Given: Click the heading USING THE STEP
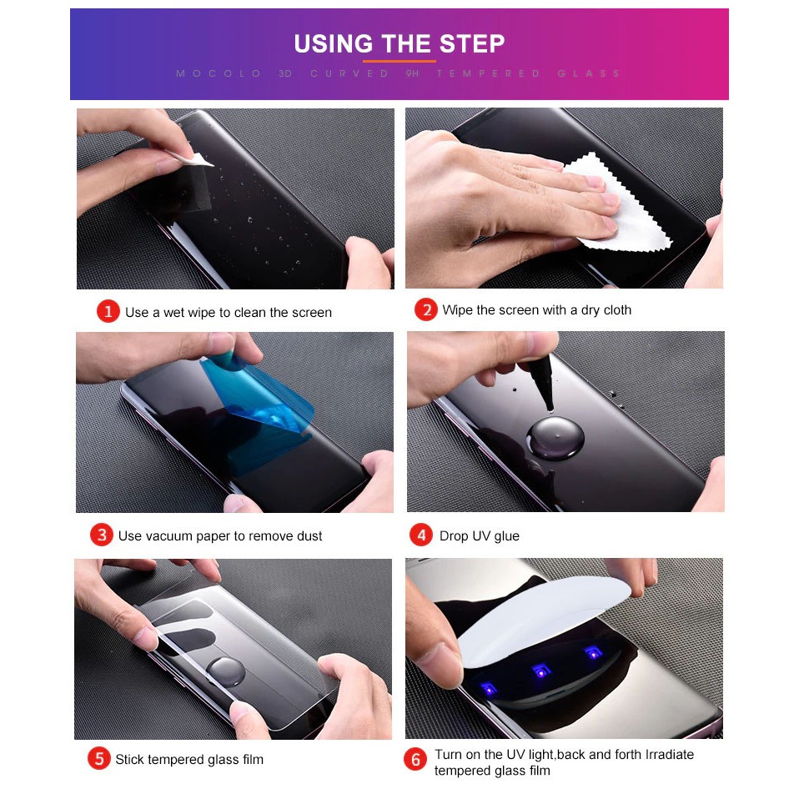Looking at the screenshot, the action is pyautogui.click(x=399, y=44).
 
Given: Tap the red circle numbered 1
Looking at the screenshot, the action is pyautogui.click(x=108, y=311).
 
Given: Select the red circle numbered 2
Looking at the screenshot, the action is pyautogui.click(x=426, y=309).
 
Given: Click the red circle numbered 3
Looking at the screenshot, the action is pyautogui.click(x=102, y=535).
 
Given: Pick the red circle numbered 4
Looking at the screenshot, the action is pyautogui.click(x=421, y=535).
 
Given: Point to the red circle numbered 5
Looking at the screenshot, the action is pyautogui.click(x=99, y=758).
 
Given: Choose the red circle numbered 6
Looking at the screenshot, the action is pyautogui.click(x=415, y=759).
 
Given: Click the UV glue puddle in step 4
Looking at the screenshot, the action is pyautogui.click(x=555, y=438).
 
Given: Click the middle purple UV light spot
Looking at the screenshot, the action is pyautogui.click(x=541, y=671).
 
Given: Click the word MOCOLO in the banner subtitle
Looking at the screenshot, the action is pyautogui.click(x=219, y=73).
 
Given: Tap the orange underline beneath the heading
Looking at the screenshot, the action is pyautogui.click(x=399, y=61).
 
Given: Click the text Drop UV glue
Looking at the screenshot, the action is pyautogui.click(x=479, y=535).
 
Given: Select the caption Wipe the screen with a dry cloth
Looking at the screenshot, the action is pyautogui.click(x=536, y=309).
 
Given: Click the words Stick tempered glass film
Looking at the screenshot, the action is pyautogui.click(x=189, y=759).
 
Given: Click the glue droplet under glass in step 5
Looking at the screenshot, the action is pyautogui.click(x=225, y=671).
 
